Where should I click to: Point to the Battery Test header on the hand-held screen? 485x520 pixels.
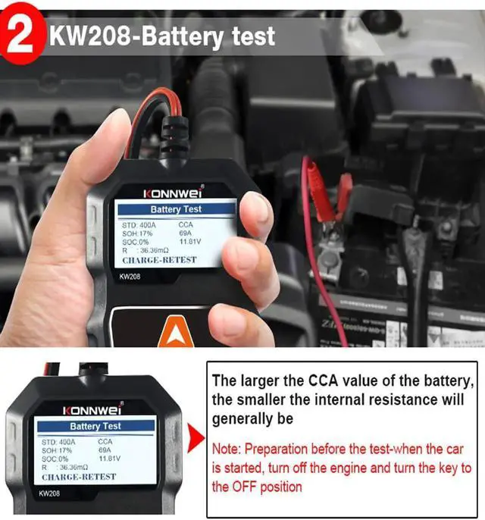(x=176, y=209)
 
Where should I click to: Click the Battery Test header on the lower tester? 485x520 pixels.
(x=95, y=426)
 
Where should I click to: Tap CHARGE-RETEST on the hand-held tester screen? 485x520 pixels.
(x=159, y=259)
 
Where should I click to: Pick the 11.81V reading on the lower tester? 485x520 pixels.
(x=111, y=459)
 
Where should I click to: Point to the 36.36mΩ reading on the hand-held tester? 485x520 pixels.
(x=155, y=249)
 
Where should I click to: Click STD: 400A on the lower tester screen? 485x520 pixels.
(x=58, y=441)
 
